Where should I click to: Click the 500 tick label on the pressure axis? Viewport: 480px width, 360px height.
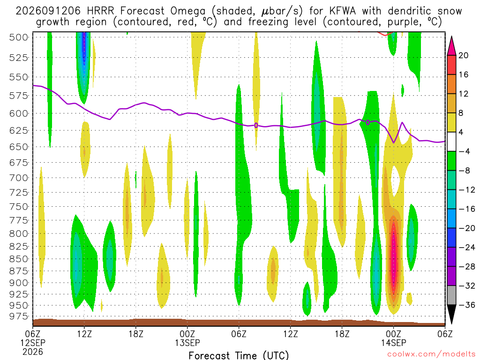[18, 37]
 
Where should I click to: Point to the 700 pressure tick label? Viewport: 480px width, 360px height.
[18, 178]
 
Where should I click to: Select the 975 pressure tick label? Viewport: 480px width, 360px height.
[18, 316]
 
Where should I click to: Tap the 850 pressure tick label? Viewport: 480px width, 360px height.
[18, 259]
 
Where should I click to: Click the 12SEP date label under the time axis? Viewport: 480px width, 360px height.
[33, 342]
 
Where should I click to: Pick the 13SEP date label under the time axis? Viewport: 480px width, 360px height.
[187, 342]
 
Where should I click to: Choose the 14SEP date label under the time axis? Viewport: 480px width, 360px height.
[393, 342]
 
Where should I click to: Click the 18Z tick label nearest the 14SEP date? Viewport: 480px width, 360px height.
[342, 333]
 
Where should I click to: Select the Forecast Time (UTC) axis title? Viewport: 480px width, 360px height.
[239, 355]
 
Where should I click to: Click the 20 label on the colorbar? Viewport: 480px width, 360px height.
[463, 55]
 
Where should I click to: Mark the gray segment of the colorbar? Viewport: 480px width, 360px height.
[451, 295]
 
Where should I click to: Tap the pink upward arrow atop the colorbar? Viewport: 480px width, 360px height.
[451, 45]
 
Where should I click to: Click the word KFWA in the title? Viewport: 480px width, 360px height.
[343, 11]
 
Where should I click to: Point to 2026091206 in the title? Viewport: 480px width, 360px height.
[48, 11]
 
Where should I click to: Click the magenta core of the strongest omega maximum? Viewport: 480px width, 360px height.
[394, 254]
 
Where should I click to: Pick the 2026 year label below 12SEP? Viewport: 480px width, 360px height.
[33, 352]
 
